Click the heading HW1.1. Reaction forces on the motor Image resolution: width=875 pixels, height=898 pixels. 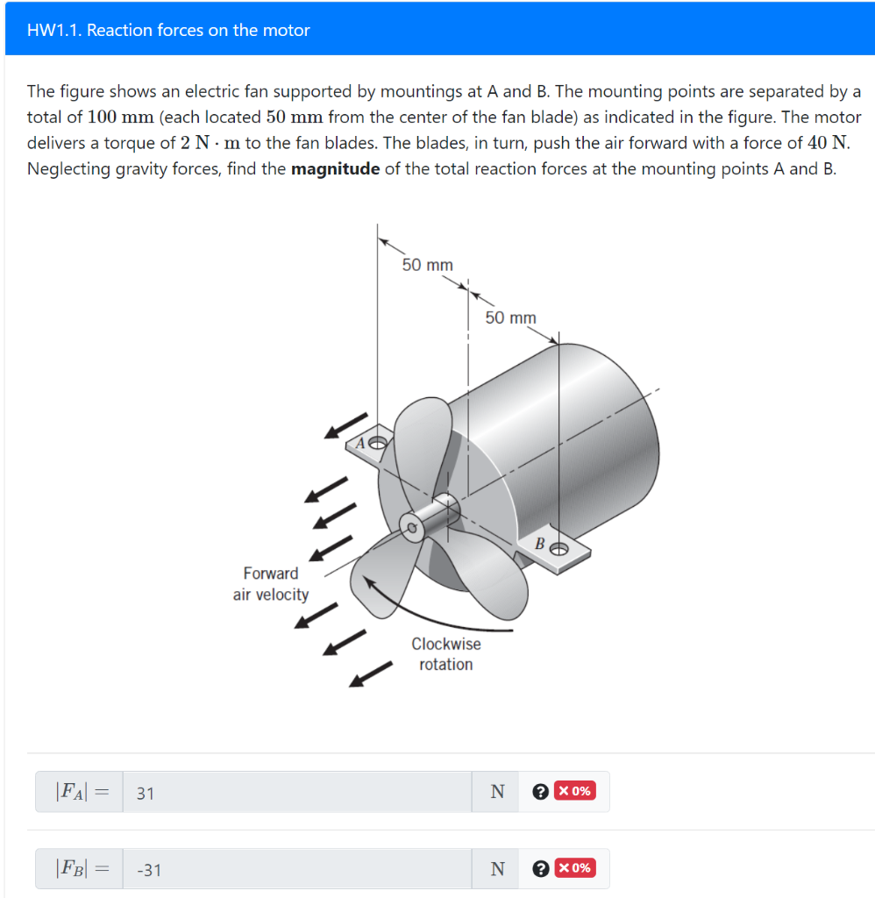point(168,30)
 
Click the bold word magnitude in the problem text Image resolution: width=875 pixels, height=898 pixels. point(335,168)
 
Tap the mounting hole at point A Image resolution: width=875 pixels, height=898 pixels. point(378,442)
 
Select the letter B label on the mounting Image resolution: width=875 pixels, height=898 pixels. point(541,545)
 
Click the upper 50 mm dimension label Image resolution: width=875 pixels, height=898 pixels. point(427,264)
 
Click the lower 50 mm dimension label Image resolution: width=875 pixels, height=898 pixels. point(510,317)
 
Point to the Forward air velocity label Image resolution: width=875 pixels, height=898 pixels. point(271,584)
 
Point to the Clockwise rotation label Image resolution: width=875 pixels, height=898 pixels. point(446,653)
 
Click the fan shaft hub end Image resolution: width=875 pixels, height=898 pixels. point(410,526)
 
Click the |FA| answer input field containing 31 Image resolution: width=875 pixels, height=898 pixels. point(298,792)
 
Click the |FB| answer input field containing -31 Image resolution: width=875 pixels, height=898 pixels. point(298,869)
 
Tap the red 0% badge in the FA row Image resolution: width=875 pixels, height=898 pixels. point(575,791)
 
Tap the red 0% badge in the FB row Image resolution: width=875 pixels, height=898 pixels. point(575,868)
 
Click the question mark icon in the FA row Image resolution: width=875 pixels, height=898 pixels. point(540,792)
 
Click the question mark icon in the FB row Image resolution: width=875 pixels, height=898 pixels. point(540,869)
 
